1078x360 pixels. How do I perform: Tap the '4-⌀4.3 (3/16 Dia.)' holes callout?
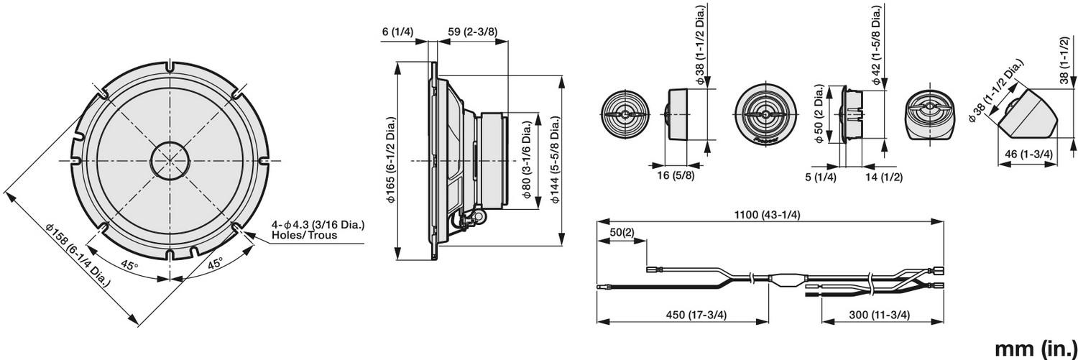pyautogui.click(x=318, y=225)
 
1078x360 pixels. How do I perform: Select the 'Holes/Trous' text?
pyautogui.click(x=305, y=236)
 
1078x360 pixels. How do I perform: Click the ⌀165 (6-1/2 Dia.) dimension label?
pyautogui.click(x=391, y=160)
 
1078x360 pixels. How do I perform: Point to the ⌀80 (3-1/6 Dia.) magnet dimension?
pyautogui.click(x=528, y=160)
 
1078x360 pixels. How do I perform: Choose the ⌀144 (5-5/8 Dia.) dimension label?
pyautogui.click(x=556, y=160)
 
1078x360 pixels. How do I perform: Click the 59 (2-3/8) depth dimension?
pyautogui.click(x=473, y=32)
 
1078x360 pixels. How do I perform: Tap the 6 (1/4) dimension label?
pyautogui.click(x=397, y=32)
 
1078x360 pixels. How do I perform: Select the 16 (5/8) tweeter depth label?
pyautogui.click(x=676, y=175)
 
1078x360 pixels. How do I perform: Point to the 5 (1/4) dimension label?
pyautogui.click(x=821, y=177)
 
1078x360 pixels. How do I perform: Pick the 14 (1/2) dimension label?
pyautogui.click(x=884, y=177)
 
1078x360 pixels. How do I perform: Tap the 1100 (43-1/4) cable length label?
pyautogui.click(x=767, y=215)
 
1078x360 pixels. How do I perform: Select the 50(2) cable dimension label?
pyautogui.click(x=622, y=232)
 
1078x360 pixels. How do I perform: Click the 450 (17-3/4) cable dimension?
pyautogui.click(x=696, y=315)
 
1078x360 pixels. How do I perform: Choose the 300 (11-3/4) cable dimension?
pyautogui.click(x=879, y=315)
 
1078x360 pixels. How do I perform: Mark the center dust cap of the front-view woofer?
pyautogui.click(x=170, y=160)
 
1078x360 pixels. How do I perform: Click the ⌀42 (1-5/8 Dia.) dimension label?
pyautogui.click(x=877, y=46)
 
